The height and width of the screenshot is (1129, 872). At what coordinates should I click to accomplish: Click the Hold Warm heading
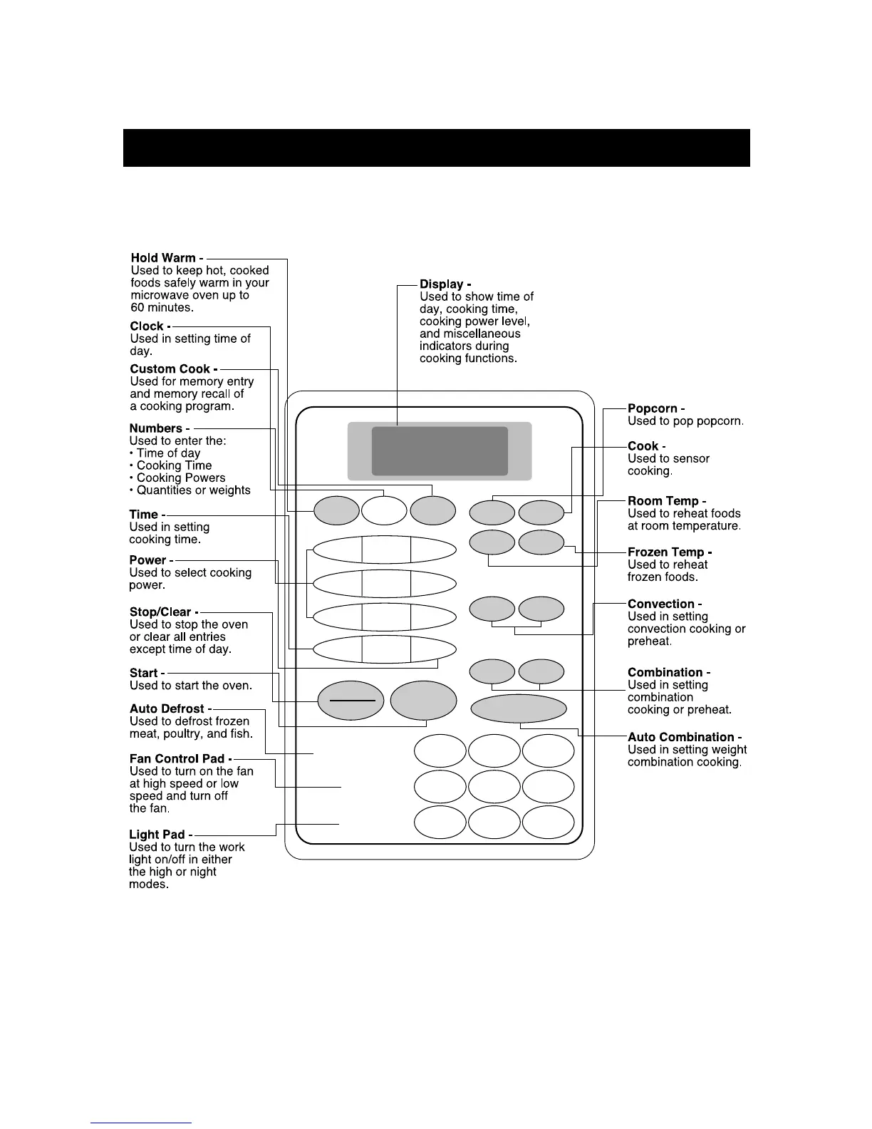pos(163,258)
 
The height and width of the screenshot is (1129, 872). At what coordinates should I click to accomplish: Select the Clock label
pos(147,326)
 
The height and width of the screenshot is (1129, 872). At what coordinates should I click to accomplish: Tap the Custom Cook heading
pos(170,369)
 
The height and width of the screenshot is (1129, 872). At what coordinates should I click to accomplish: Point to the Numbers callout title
pos(156,428)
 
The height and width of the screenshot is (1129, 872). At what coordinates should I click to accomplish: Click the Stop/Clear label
pos(160,612)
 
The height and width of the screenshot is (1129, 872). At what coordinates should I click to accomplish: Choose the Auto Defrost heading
pos(167,709)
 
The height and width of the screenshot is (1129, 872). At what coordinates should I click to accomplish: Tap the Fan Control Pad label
pos(177,759)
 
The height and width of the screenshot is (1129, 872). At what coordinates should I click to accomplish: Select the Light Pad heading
pos(157,835)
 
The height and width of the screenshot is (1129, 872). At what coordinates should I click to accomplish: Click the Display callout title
pos(442,284)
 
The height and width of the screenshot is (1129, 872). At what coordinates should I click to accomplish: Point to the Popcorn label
pos(653,409)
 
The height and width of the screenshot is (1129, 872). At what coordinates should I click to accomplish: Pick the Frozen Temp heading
pos(666,552)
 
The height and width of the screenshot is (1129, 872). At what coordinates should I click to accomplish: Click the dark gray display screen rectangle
pos(440,451)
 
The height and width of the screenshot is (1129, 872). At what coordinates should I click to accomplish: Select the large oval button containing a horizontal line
pos(351,701)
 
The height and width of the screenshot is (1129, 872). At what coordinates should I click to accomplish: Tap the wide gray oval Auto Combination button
pos(519,708)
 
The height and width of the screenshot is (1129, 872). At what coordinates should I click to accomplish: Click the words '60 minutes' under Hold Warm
pos(162,308)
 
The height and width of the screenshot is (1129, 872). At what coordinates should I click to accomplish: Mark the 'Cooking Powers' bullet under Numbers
pos(181,478)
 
